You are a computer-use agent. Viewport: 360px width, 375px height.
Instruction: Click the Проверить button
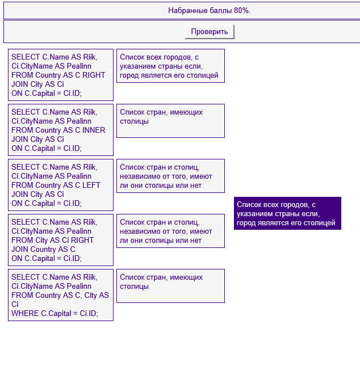[209, 32]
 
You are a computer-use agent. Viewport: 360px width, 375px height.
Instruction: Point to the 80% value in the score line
[241, 11]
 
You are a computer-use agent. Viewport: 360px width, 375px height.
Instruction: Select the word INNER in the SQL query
[94, 130]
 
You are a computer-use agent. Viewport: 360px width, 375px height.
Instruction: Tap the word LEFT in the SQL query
[91, 185]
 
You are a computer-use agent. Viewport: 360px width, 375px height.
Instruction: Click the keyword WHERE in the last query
[25, 313]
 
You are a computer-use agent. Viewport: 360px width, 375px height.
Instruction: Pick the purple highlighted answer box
[287, 213]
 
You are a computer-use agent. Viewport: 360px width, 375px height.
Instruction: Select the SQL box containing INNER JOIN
[60, 130]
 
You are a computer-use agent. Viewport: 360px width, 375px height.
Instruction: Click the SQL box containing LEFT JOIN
[60, 185]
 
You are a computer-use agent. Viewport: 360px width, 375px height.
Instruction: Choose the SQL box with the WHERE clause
[60, 295]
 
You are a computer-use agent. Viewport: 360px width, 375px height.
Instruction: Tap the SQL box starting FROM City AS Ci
[60, 240]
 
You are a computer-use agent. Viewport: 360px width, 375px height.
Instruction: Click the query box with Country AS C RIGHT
[60, 75]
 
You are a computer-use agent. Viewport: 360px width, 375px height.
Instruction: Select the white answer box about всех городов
[170, 66]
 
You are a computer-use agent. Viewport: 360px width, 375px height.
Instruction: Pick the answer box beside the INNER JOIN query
[170, 120]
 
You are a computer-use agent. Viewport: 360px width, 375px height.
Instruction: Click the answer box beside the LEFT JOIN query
[170, 176]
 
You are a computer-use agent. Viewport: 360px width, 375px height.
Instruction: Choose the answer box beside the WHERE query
[170, 286]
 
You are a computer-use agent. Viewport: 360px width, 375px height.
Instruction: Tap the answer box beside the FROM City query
[170, 231]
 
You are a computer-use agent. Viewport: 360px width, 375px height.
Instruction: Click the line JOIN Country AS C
[43, 249]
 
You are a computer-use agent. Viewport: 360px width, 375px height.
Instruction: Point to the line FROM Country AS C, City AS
[60, 295]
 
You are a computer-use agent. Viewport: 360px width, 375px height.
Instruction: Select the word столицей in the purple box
[320, 223]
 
